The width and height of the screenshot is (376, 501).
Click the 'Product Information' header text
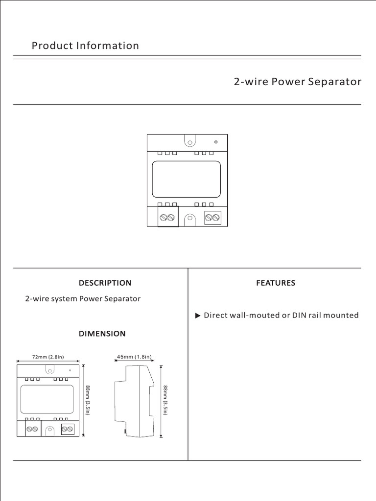[85, 46]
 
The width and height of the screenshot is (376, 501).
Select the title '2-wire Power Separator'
[298, 82]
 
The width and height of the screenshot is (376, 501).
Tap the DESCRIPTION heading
[105, 283]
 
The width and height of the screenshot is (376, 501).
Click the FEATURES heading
[276, 283]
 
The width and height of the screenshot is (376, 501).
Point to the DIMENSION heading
[102, 334]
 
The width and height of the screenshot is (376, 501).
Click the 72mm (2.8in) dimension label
[48, 357]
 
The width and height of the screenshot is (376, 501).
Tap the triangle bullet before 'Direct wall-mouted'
[198, 316]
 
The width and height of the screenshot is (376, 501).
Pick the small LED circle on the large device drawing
[216, 142]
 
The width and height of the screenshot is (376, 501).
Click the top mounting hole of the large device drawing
[190, 142]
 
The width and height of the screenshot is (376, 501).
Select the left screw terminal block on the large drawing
[167, 217]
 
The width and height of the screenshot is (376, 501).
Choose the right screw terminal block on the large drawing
[212, 217]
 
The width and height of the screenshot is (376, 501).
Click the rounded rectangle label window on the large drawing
[187, 179]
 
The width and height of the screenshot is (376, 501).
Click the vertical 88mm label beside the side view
[166, 400]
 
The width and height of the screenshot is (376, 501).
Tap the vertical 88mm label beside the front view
[88, 400]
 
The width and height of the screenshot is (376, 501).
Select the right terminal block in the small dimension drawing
[67, 429]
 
